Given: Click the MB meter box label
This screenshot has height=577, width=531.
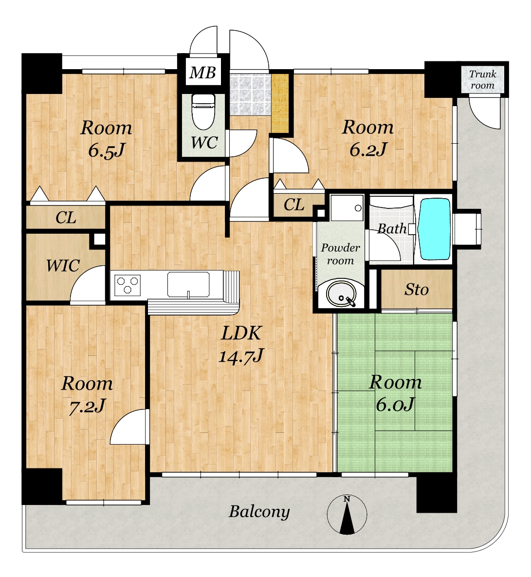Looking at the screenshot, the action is pos(202,73).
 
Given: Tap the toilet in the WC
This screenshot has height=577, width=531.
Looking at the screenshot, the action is pos(204,111).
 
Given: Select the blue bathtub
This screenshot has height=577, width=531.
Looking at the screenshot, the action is pos(434,229).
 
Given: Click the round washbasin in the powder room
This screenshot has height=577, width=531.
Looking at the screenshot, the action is pos(341,295).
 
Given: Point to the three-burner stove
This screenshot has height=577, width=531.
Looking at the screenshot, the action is pos(128,284).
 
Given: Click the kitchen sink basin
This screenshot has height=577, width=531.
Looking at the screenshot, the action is pos(188,284).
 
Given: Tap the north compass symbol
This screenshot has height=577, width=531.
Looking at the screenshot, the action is pos(347,515).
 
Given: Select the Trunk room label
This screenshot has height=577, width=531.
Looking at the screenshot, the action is pos(483,80).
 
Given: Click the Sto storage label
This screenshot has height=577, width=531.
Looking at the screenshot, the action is pos(416,290).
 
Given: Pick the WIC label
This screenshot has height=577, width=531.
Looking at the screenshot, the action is pos(63,266).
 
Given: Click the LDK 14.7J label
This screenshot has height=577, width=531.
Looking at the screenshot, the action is pos(241,344).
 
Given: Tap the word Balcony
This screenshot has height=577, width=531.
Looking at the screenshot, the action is pos(259,512).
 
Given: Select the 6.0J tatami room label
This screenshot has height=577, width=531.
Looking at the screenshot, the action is pos(395,393).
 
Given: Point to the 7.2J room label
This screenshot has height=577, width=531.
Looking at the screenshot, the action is pos(87,395).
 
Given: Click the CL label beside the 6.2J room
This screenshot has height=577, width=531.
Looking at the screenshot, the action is pos(294,205).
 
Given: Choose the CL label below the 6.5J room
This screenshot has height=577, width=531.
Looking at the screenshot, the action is pos(66,218).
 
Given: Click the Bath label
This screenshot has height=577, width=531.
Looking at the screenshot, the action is pos(392,229).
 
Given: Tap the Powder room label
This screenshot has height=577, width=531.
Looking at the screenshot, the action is pos(340,254).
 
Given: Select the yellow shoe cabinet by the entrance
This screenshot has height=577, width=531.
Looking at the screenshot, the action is pos(280,103).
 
